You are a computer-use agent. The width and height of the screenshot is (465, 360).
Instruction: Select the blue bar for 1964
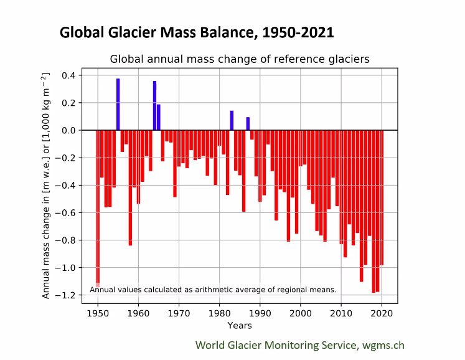(x=154, y=106)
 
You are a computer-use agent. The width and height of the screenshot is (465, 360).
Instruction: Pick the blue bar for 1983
(x=232, y=120)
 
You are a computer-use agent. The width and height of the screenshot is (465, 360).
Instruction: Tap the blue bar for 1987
(x=248, y=123)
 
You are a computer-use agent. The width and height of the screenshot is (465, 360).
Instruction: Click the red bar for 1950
(x=98, y=206)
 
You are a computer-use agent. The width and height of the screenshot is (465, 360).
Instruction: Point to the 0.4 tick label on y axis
(x=68, y=75)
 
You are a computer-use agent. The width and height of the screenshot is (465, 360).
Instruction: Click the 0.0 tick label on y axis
(x=68, y=130)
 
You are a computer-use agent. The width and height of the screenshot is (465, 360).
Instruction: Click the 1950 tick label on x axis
(x=98, y=313)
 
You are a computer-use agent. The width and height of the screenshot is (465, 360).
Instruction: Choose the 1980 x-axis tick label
(x=219, y=313)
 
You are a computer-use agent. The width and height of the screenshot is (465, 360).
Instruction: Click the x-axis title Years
(x=240, y=325)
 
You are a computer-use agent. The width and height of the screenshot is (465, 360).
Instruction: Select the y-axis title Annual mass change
(x=46, y=185)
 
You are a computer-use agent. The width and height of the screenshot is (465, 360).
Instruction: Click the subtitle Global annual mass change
(x=240, y=60)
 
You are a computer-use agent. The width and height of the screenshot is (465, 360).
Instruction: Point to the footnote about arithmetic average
(x=213, y=290)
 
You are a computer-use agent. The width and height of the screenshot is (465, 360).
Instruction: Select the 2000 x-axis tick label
(x=301, y=313)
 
